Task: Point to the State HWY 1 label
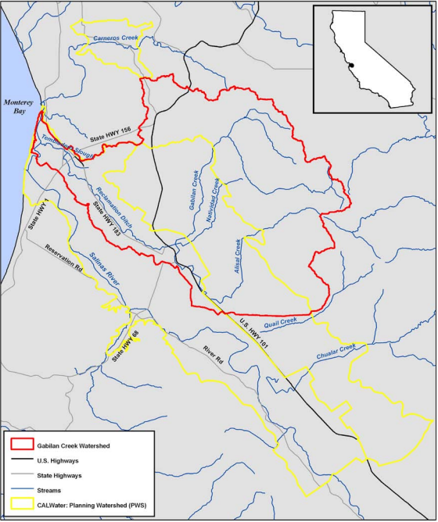click(33, 212)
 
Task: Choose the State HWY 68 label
click(126, 345)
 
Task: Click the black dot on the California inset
click(352, 65)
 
